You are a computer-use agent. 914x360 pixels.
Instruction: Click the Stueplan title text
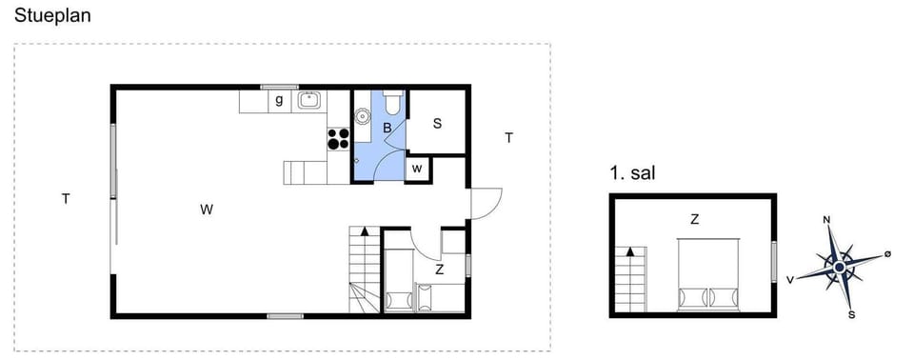(51, 14)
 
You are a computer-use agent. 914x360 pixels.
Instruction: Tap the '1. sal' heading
(632, 173)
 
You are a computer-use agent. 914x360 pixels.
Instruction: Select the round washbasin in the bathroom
(363, 116)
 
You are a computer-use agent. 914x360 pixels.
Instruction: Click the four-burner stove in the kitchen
(339, 138)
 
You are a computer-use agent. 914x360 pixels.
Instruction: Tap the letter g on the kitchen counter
(279, 99)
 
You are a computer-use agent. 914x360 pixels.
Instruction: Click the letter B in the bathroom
(387, 128)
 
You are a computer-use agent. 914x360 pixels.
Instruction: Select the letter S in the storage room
(437, 122)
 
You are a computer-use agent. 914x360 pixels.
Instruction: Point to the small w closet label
(417, 169)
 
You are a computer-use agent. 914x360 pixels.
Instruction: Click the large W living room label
(206, 210)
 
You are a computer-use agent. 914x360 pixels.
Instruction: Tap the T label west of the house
(66, 199)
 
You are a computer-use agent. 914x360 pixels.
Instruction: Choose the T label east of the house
(509, 138)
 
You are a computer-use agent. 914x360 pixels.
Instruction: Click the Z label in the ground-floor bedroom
(439, 270)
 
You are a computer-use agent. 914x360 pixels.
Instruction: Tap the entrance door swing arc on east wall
(487, 202)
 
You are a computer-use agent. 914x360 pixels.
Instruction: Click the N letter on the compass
(825, 220)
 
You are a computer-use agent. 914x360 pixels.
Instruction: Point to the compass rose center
(838, 268)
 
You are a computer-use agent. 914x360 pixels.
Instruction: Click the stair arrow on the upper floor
(629, 253)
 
